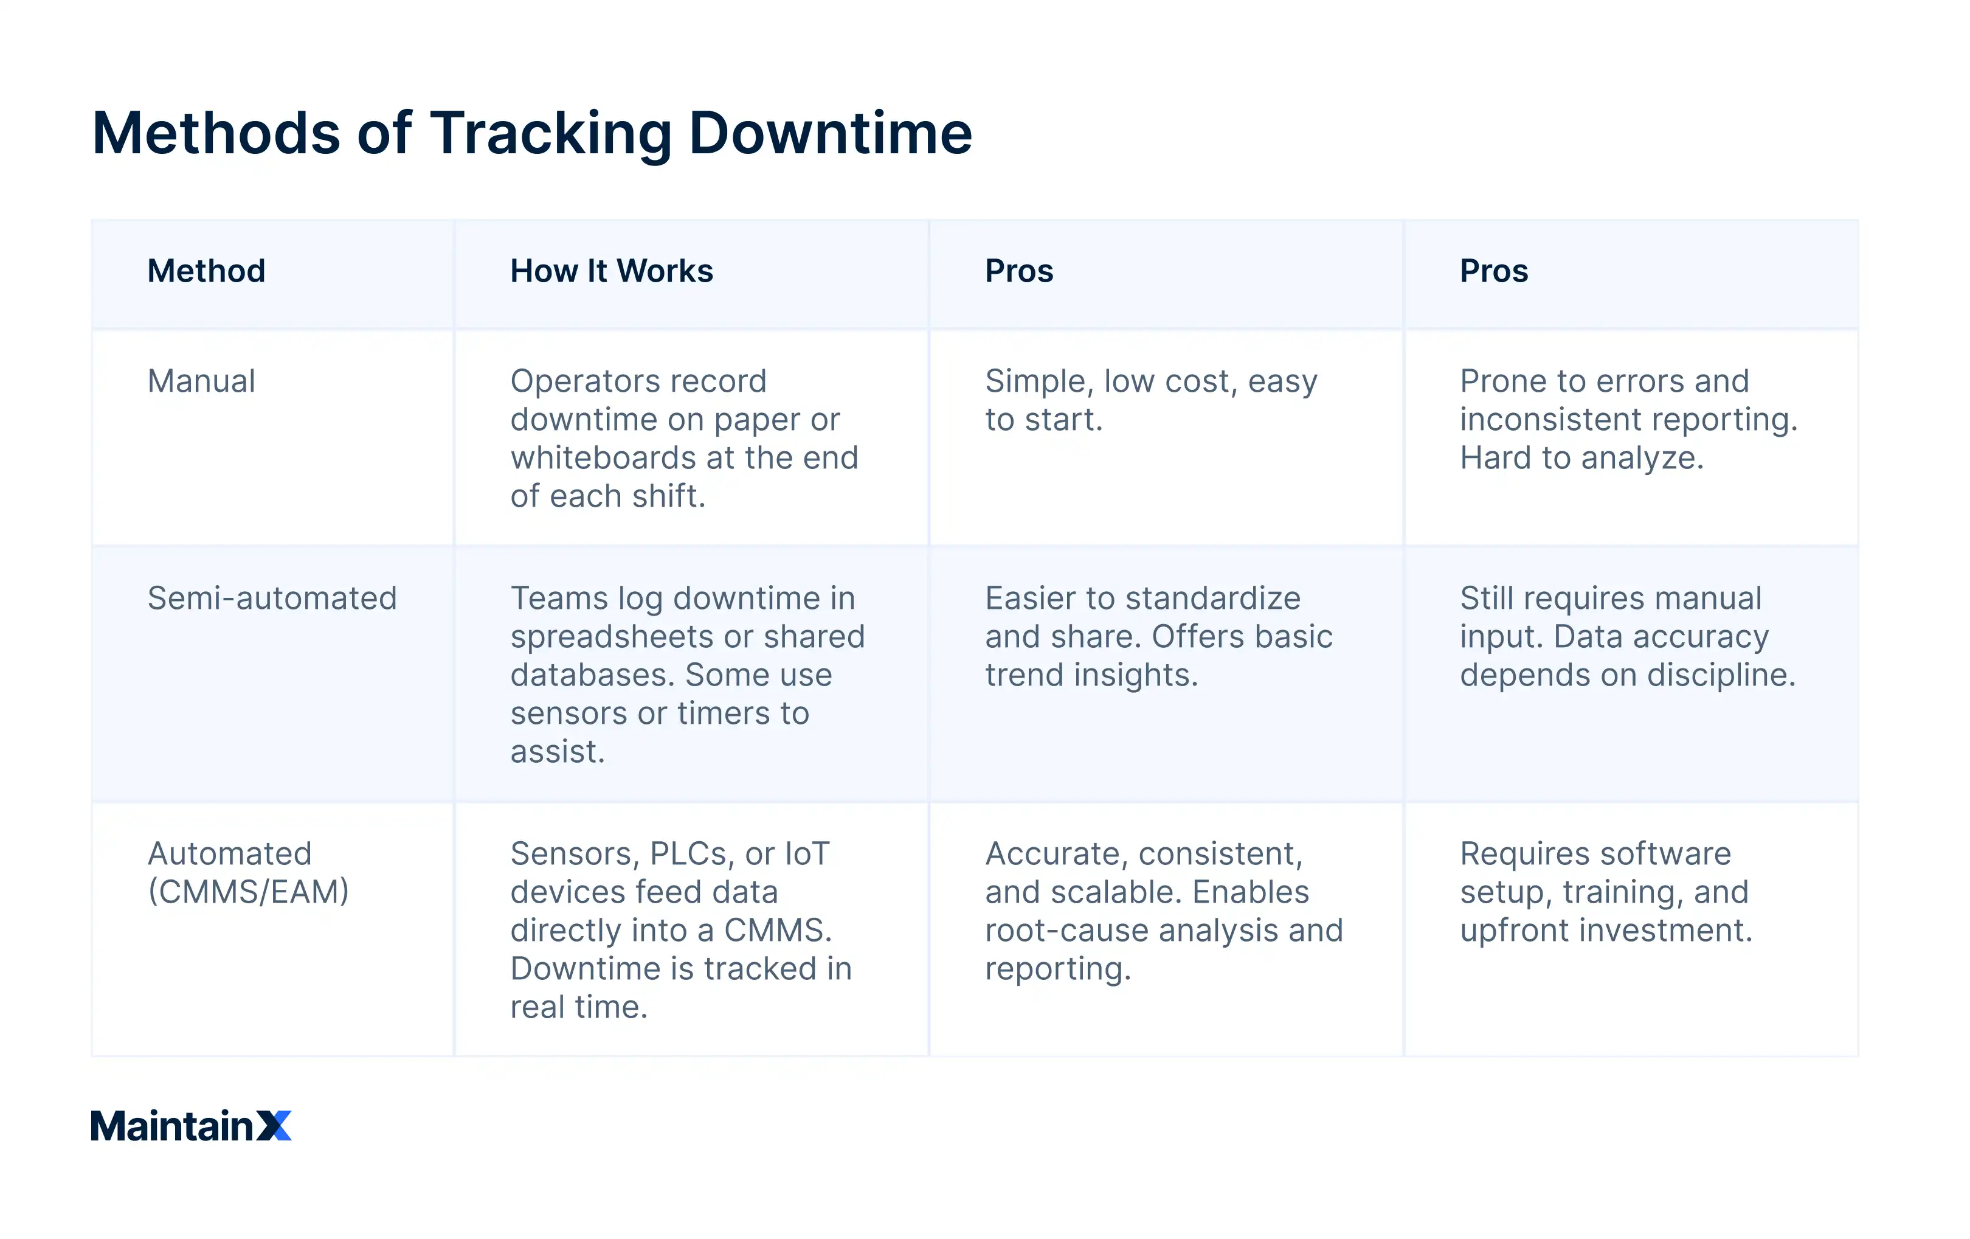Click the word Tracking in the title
(x=550, y=133)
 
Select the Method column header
(x=206, y=271)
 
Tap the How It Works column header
(x=611, y=271)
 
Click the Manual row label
(x=201, y=381)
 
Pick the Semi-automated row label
(x=272, y=599)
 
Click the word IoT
(x=807, y=853)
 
